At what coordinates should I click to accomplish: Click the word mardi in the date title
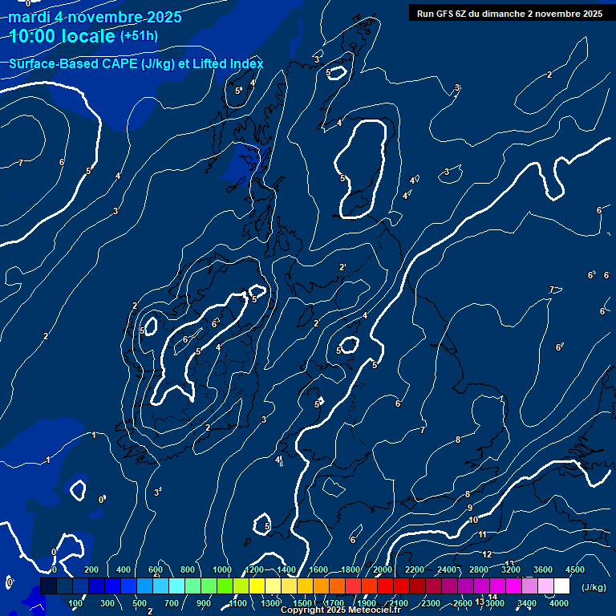(29, 17)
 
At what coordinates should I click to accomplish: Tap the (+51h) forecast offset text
(139, 36)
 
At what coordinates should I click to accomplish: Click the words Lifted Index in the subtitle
(229, 63)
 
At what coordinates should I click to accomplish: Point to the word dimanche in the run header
(506, 14)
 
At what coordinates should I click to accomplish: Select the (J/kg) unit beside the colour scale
(594, 587)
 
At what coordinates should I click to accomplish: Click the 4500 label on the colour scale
(575, 569)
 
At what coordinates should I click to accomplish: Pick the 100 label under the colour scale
(75, 603)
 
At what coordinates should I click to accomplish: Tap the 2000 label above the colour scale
(383, 569)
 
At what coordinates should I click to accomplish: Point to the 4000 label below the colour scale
(559, 603)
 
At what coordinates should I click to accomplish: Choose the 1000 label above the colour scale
(222, 569)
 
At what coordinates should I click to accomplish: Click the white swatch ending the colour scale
(561, 586)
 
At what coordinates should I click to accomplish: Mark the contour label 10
(473, 520)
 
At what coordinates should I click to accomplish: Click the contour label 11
(482, 534)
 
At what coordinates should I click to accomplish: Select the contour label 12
(487, 554)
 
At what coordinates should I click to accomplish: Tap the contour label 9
(470, 508)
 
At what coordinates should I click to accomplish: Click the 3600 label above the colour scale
(543, 569)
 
